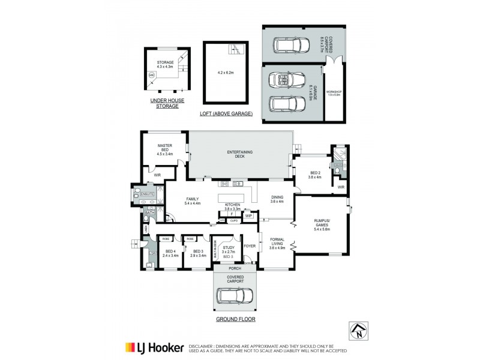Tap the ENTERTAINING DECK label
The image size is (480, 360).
pyautogui.click(x=239, y=154)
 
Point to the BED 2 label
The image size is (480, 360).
pyautogui.click(x=315, y=174)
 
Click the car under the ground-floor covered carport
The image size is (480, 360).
pyautogui.click(x=235, y=296)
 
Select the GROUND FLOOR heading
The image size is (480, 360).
pyautogui.click(x=235, y=319)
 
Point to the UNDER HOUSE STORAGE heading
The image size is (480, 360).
pyautogui.click(x=164, y=104)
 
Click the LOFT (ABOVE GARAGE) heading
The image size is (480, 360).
pyautogui.click(x=226, y=113)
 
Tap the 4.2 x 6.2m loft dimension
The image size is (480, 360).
pyautogui.click(x=225, y=73)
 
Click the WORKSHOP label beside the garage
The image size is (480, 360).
pyautogui.click(x=334, y=92)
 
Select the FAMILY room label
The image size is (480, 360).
pyautogui.click(x=193, y=200)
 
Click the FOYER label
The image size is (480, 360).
pyautogui.click(x=250, y=246)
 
